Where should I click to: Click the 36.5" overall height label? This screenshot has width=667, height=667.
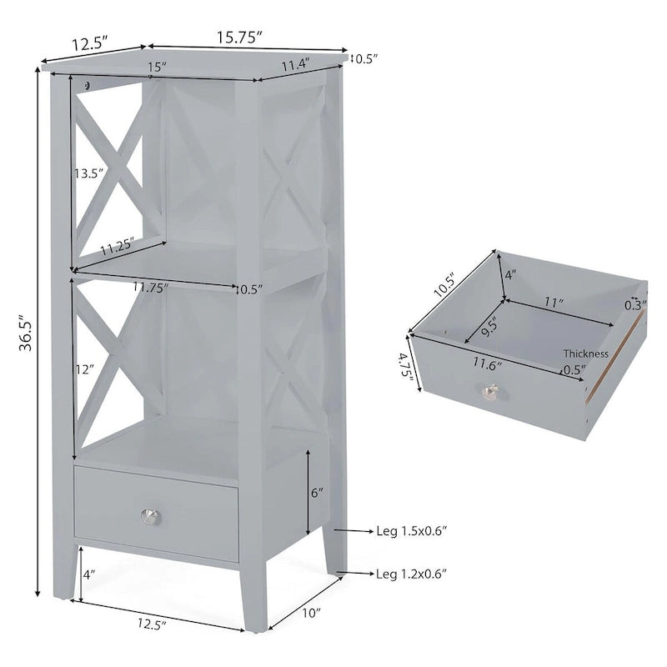(25, 334)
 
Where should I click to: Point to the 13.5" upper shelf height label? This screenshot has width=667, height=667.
(88, 173)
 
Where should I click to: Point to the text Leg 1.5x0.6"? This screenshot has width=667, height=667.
(412, 530)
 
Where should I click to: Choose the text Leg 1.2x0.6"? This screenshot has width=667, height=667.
(412, 573)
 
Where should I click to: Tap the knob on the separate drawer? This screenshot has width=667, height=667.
(491, 390)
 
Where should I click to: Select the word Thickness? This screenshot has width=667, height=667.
(585, 354)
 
